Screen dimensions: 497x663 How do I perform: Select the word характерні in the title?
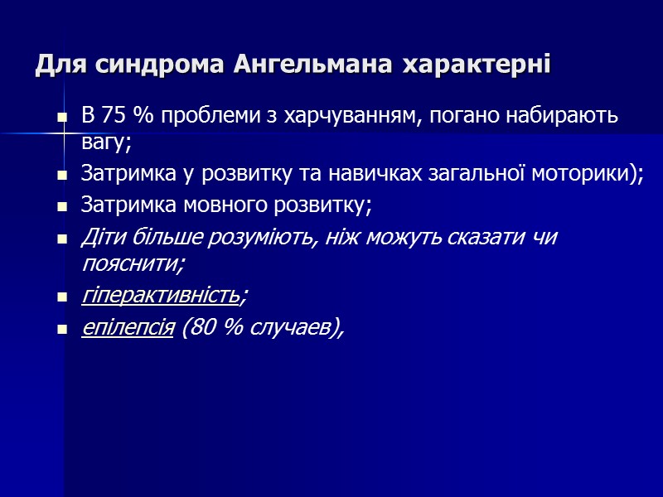click(x=477, y=65)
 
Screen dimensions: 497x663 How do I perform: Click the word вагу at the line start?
click(x=105, y=142)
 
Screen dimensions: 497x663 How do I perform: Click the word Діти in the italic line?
click(x=101, y=238)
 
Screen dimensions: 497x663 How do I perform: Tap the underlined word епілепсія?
click(x=128, y=329)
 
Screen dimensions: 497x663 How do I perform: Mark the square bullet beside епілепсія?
click(x=61, y=330)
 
